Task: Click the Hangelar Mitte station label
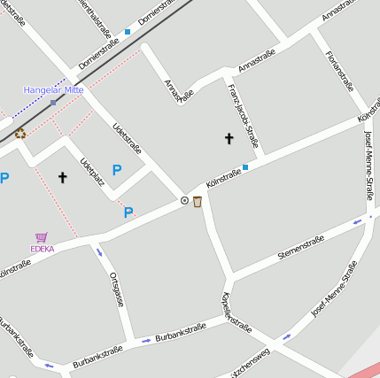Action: (53, 89)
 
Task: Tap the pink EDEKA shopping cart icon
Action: (42, 237)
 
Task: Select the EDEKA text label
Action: (42, 249)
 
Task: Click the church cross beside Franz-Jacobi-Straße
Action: (229, 138)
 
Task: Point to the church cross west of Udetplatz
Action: (63, 177)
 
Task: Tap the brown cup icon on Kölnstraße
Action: (197, 202)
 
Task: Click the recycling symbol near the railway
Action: (19, 134)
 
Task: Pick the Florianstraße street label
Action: (339, 72)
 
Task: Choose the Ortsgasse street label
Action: (115, 289)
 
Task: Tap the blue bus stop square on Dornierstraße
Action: (128, 32)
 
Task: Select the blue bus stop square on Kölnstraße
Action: (245, 166)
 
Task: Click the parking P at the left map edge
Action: (4, 178)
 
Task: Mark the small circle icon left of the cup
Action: (184, 201)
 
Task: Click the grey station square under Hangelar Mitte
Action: (53, 103)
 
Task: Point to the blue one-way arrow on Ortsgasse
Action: (98, 252)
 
